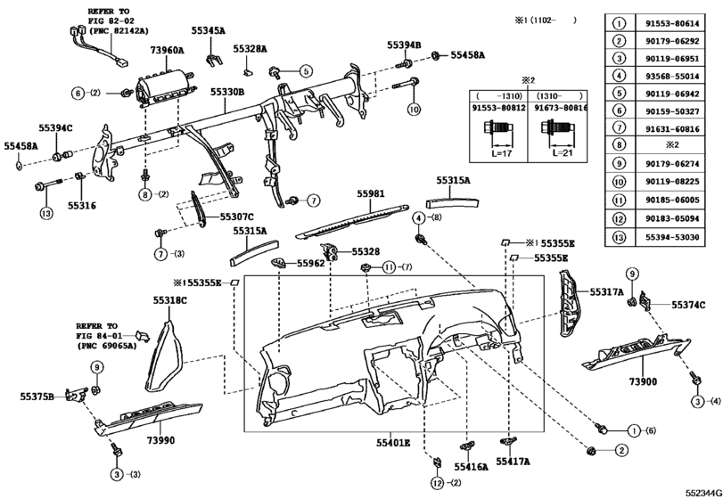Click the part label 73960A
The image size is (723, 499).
coord(167,52)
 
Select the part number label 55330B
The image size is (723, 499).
coord(228,93)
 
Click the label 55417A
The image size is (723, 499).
coord(513,462)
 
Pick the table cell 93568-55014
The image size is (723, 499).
coord(678,78)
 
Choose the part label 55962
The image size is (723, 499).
coord(310,264)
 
